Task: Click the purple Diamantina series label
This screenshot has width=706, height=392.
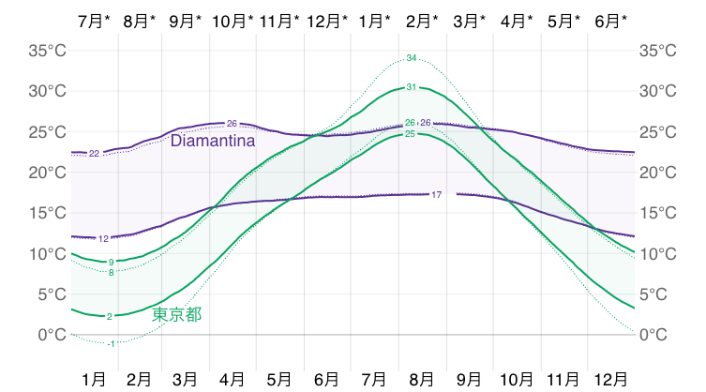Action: [213, 142]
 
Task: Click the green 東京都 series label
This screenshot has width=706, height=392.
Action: [176, 314]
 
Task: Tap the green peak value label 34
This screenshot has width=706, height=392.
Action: [412, 58]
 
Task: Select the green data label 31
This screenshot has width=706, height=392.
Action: [412, 87]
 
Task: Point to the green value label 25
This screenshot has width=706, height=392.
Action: [410, 134]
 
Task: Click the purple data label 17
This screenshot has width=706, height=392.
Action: [437, 194]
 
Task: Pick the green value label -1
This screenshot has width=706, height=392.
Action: [112, 344]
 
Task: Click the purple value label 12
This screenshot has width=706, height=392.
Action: [103, 239]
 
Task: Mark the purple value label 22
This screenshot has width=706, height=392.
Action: [94, 153]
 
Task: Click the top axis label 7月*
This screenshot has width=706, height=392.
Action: [97, 20]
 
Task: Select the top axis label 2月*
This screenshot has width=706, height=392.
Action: [423, 20]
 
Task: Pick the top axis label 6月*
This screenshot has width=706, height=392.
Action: [611, 20]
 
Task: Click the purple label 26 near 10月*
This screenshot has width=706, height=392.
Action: [232, 124]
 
